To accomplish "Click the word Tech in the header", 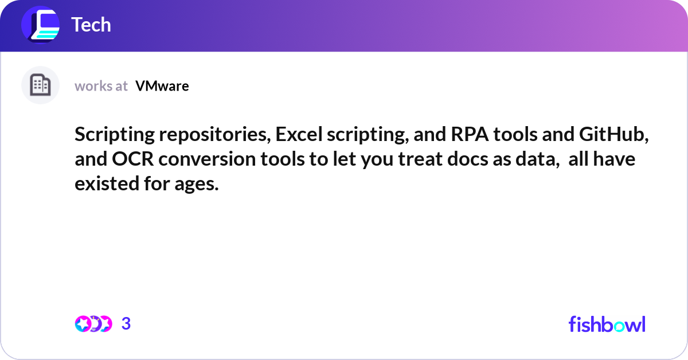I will click(x=91, y=25).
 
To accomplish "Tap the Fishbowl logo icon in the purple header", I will click(x=40, y=25).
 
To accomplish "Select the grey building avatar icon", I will click(x=40, y=85).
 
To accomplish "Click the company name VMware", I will click(x=162, y=86).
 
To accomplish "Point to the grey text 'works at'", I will click(x=101, y=86).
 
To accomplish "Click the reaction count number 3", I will click(x=126, y=324).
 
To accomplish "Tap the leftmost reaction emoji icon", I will click(x=83, y=324).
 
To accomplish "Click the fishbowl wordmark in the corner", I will click(x=607, y=324).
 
